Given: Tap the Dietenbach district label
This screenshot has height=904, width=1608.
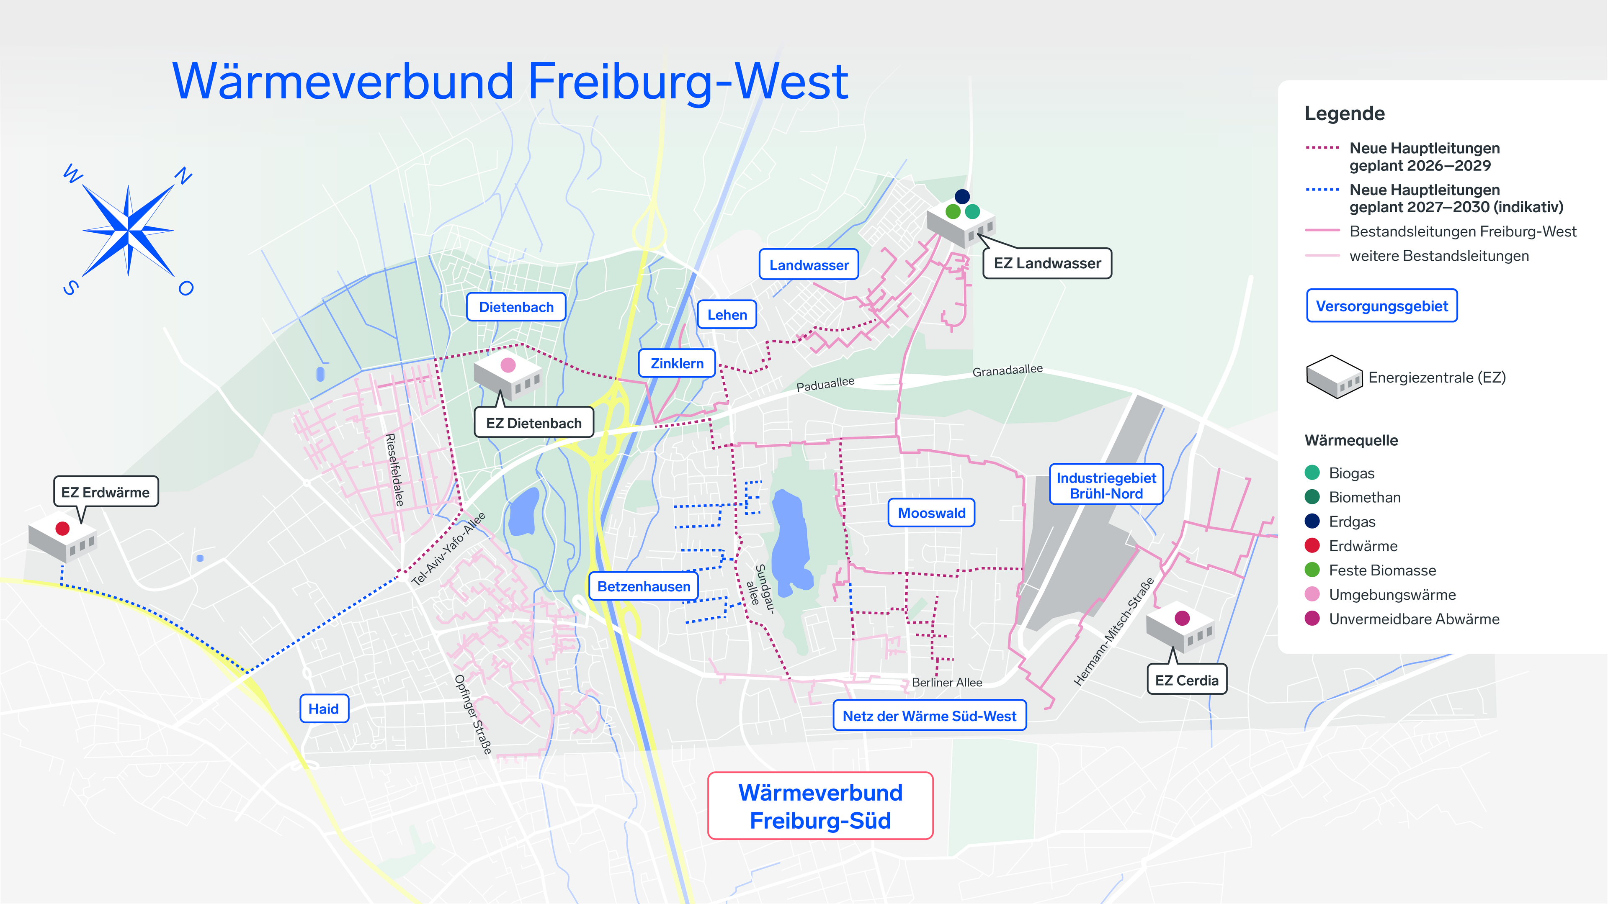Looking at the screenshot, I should (x=516, y=307).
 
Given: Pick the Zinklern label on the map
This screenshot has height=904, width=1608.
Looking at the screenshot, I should (x=677, y=364).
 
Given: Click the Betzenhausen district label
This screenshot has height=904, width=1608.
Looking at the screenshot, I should (x=644, y=586).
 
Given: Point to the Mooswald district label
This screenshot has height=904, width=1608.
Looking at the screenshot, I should (x=931, y=513).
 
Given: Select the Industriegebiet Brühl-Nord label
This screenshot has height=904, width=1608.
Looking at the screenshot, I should (x=1106, y=485).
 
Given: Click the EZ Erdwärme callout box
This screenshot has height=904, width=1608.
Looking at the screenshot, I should (x=106, y=492).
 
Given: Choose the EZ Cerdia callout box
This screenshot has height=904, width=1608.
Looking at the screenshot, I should (x=1187, y=680).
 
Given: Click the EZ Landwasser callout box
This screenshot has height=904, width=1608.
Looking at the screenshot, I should (x=1047, y=263).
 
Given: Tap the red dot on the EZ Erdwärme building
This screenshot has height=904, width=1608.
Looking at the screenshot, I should (x=62, y=529).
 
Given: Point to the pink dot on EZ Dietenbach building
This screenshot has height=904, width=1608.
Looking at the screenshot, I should (x=508, y=365).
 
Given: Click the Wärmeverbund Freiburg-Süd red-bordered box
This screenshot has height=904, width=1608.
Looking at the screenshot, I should (x=820, y=806).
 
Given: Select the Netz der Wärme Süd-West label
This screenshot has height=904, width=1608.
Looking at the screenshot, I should (x=930, y=716).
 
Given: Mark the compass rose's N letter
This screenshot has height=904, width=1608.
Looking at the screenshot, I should (x=183, y=176).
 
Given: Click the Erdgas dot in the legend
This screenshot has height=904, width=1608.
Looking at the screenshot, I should (x=1312, y=521).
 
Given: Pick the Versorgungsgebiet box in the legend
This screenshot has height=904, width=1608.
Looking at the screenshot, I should (x=1382, y=306).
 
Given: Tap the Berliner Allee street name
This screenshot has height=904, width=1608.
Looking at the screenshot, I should (x=947, y=683).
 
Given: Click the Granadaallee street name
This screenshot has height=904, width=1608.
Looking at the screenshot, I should (x=1008, y=370).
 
